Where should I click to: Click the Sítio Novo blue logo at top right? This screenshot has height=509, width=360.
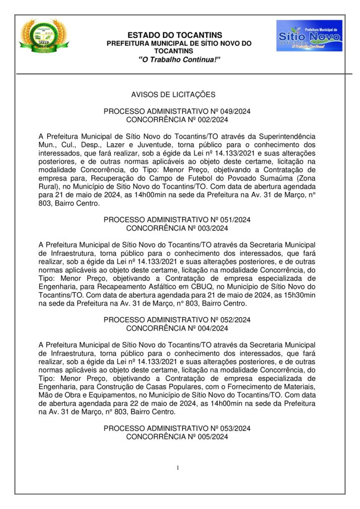tap(309, 35)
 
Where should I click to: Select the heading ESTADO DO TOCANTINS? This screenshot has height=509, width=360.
tap(175, 35)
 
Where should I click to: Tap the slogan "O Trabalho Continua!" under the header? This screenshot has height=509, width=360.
tap(179, 59)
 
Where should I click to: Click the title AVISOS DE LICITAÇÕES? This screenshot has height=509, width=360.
tap(173, 94)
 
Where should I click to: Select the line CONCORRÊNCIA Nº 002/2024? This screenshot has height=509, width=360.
tap(177, 119)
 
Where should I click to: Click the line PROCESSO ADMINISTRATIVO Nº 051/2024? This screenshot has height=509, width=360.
tap(177, 220)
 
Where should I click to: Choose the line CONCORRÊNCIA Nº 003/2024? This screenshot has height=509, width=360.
tap(177, 228)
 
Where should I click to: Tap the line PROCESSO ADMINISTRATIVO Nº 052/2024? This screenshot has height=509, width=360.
tap(177, 320)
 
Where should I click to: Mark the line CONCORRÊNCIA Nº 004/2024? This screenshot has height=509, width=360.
tap(177, 328)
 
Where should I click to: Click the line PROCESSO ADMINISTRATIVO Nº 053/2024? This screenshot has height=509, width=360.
tap(177, 428)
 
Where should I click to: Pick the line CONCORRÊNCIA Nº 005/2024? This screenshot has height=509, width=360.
tap(177, 436)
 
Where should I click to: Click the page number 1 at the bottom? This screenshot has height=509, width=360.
tap(178, 468)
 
